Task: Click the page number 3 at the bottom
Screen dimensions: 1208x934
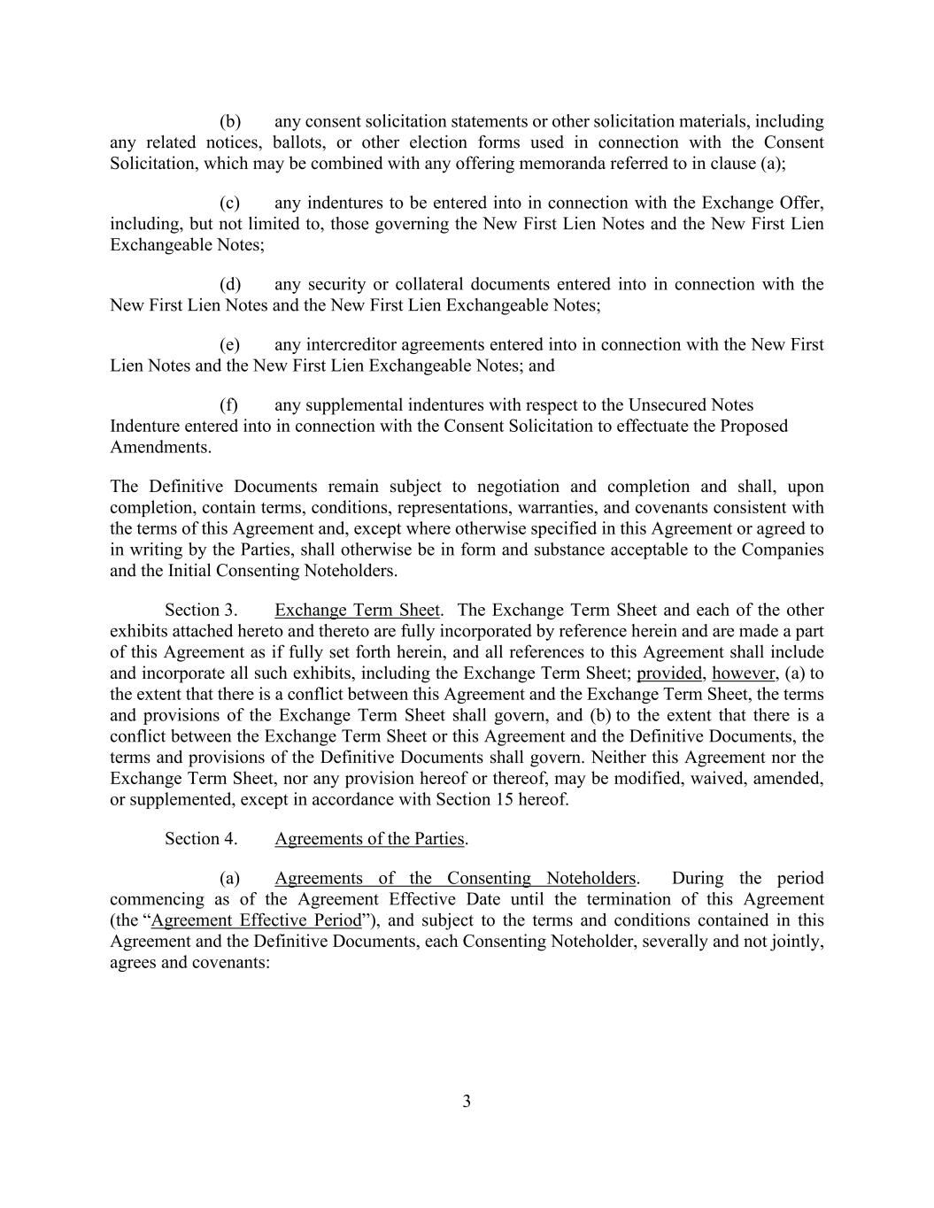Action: tap(467, 1102)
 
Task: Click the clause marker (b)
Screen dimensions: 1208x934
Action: tap(230, 121)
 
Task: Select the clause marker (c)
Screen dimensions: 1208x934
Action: tap(230, 203)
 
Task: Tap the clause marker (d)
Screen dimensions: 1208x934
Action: tap(230, 284)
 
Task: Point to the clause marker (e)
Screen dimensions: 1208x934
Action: tap(230, 344)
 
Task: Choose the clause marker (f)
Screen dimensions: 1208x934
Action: tap(229, 404)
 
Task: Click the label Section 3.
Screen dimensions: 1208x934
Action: tap(201, 610)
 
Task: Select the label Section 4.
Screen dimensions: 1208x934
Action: tap(201, 838)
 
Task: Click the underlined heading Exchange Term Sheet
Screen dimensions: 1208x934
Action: tap(357, 610)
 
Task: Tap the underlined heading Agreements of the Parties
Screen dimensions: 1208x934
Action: tap(369, 838)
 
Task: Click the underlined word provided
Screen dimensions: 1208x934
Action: tap(668, 673)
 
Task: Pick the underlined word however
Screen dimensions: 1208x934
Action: tap(744, 673)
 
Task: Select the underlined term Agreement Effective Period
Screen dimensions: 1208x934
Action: tap(257, 919)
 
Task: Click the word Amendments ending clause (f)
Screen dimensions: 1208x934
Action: tap(160, 447)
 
